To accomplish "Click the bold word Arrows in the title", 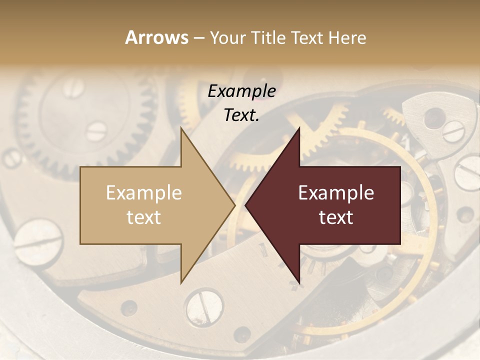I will click(156, 37).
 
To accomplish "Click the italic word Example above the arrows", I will click(241, 91).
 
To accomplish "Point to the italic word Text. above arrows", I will click(241, 115).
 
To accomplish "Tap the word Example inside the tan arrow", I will click(144, 193).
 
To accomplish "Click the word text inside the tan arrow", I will click(144, 217).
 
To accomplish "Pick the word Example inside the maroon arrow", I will click(336, 193).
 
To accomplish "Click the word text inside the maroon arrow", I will click(336, 217).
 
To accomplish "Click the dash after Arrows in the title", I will click(198, 38).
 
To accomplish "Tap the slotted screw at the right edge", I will click(467, 172).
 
